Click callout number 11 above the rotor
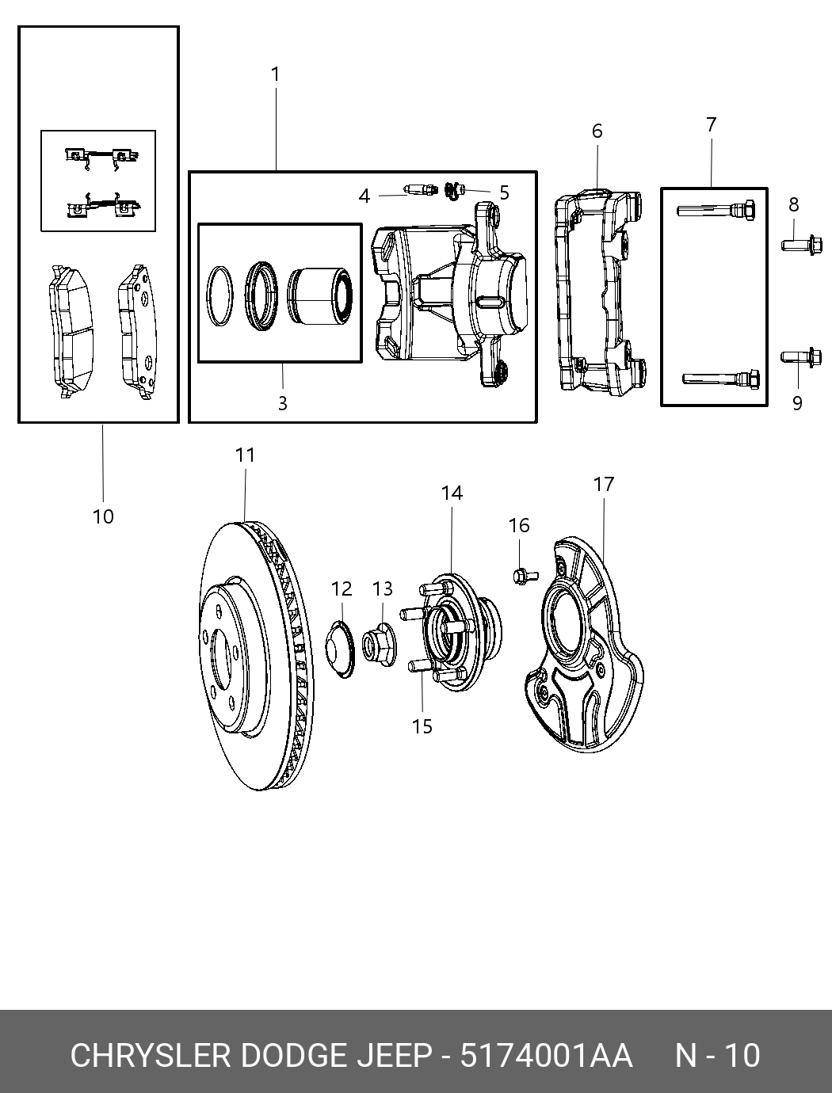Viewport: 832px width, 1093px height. (245, 455)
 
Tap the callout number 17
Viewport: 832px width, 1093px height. (604, 484)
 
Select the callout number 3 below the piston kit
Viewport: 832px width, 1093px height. (282, 403)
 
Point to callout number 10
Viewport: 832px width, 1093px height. (103, 516)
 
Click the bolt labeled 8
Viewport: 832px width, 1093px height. (802, 245)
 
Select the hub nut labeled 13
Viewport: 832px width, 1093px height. (380, 642)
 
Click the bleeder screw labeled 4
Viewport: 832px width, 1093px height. (420, 190)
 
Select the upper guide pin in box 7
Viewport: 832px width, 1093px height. (715, 211)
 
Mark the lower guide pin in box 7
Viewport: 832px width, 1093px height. (721, 378)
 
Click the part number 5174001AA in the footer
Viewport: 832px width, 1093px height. (547, 1056)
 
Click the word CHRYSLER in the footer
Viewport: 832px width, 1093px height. (151, 1056)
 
